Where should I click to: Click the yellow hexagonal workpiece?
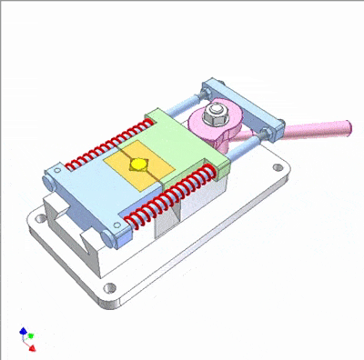138,165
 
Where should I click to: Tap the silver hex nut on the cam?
217,113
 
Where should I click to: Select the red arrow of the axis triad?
32,346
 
